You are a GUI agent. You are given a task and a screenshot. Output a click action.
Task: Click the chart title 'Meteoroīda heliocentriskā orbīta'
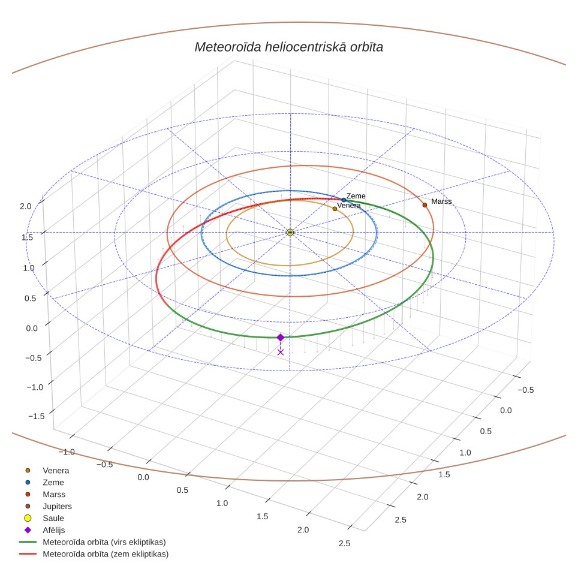[288, 47]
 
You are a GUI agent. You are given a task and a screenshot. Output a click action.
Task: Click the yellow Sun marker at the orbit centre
[290, 232]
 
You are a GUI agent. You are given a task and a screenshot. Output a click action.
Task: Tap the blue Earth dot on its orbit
[344, 200]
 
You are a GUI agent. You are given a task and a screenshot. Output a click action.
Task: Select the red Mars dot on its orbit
[425, 205]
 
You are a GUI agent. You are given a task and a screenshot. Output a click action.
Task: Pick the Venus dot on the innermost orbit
[335, 209]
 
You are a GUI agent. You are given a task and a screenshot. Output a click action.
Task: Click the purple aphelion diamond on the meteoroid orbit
[281, 338]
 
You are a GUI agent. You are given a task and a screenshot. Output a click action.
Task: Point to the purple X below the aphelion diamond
[281, 353]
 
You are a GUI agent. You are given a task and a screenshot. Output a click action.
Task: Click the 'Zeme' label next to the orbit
[356, 196]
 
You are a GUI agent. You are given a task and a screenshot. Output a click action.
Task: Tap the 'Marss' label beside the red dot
[441, 201]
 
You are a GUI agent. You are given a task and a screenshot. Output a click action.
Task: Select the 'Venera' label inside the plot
[349, 206]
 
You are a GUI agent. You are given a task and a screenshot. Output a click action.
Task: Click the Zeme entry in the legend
[44, 483]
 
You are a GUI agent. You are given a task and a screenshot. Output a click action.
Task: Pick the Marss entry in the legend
[45, 494]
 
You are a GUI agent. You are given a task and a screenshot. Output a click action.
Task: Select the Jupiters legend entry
[49, 507]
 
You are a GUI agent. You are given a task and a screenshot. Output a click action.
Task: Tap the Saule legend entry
[44, 518]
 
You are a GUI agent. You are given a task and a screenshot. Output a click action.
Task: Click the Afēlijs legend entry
[44, 530]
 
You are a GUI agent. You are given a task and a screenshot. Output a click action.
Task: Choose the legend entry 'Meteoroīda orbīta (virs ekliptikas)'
[92, 542]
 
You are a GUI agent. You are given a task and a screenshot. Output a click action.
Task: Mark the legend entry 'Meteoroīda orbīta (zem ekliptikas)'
[94, 554]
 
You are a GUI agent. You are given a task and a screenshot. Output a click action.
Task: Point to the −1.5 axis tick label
[36, 416]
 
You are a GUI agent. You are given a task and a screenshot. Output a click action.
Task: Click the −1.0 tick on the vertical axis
[35, 387]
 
